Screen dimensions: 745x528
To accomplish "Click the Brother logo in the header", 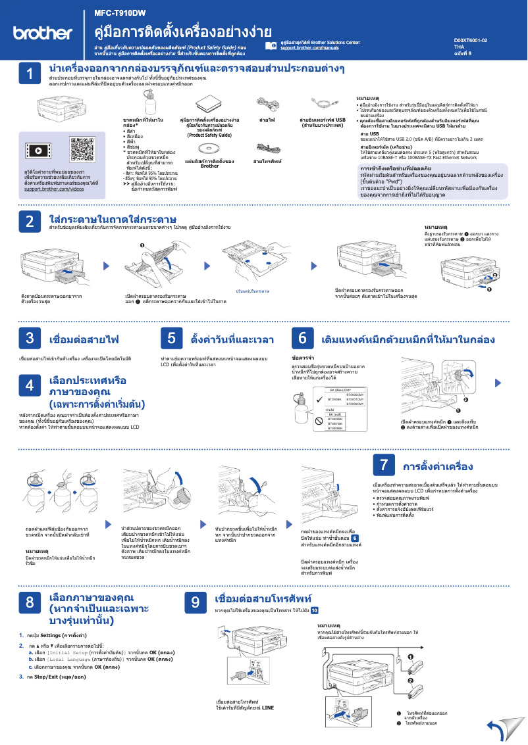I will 43,33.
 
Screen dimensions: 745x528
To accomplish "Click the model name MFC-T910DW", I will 120,12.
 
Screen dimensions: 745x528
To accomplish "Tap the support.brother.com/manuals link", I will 309,49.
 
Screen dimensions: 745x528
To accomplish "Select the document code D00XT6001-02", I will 470,40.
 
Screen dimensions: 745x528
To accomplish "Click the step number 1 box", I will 30,74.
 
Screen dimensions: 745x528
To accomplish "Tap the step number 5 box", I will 171,339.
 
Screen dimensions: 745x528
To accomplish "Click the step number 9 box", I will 196,602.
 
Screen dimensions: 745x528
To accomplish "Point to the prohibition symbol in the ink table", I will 318,421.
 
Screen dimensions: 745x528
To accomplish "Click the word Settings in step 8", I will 51,635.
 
